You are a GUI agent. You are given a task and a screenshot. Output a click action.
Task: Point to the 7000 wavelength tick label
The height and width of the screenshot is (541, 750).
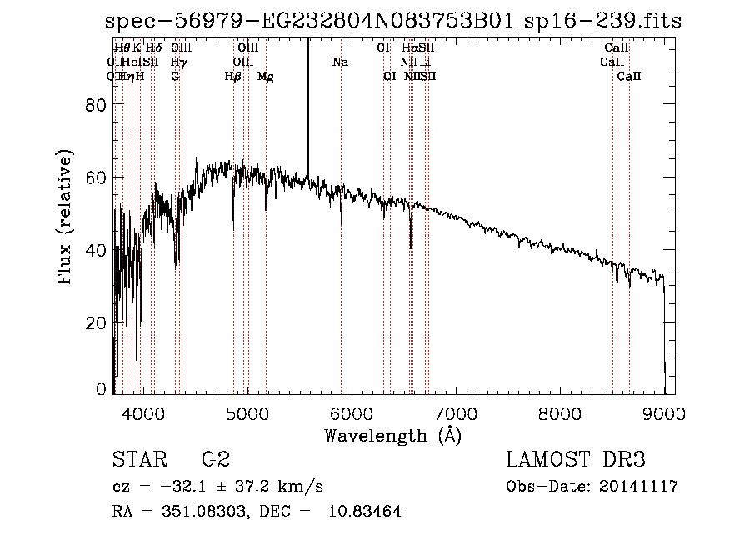coord(456,413)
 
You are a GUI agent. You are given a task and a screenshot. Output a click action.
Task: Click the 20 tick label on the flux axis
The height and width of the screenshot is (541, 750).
coord(97,323)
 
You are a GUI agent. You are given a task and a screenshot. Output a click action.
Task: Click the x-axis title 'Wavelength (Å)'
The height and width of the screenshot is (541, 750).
coord(392,435)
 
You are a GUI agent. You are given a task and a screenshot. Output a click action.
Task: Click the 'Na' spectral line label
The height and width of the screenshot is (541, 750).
coord(340,62)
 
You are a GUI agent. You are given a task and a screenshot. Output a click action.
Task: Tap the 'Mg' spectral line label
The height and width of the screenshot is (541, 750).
coord(266,77)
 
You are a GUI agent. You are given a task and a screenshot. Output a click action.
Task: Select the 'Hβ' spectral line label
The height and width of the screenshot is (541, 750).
coord(233,77)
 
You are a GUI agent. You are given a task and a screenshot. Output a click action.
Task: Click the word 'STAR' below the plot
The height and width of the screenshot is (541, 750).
coord(137,460)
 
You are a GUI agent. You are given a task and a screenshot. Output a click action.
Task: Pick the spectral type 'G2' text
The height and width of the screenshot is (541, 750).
coord(216,460)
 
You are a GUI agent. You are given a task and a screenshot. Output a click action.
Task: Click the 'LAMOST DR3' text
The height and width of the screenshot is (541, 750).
coord(576,460)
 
